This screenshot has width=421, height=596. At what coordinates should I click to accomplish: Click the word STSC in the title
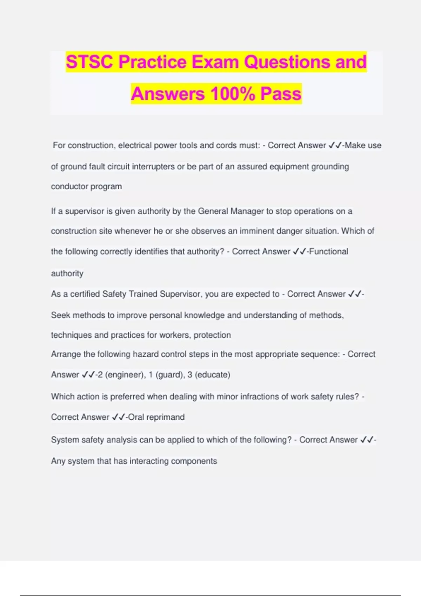(x=90, y=62)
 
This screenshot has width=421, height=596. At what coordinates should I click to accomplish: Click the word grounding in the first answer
(x=330, y=167)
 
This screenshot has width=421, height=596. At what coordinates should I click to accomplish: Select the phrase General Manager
(x=231, y=211)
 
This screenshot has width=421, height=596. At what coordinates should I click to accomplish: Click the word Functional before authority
(x=329, y=251)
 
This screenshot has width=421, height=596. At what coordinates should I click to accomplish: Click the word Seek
(x=61, y=315)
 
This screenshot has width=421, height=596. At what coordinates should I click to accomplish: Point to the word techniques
(x=71, y=335)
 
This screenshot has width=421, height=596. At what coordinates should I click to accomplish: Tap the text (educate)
(x=212, y=375)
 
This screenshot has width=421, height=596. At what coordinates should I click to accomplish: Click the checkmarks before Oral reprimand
(x=119, y=417)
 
